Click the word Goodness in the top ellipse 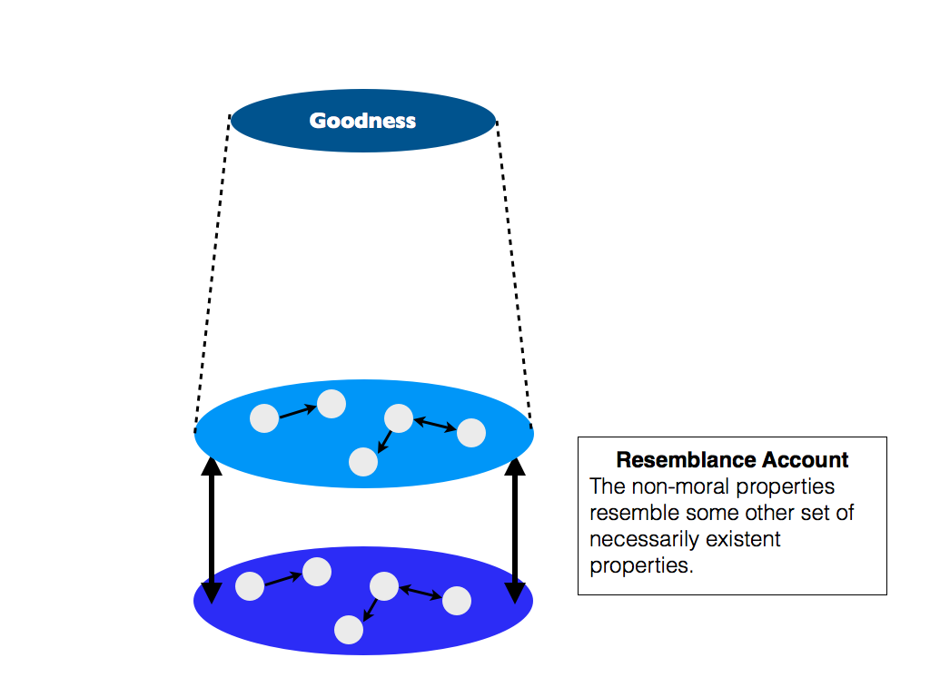362,121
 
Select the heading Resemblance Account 732,460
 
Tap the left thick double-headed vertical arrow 212,530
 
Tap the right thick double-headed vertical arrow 515,530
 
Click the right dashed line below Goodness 513,272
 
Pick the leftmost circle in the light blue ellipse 264,418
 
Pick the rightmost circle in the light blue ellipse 470,433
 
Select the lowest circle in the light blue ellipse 363,462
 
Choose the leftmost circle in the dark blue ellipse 250,586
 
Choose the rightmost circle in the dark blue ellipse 456,601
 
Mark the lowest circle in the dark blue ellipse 349,630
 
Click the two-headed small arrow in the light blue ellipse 435,424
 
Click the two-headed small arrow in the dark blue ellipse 420,593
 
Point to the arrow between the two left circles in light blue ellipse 297,411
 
